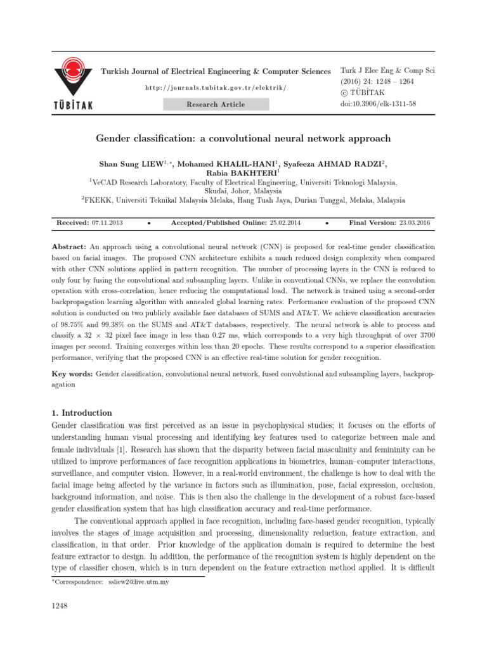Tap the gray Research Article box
[x=216, y=105]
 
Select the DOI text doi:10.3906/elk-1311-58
[x=378, y=103]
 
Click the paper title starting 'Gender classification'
[x=243, y=138]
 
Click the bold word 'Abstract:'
[x=68, y=245]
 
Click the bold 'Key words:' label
[x=71, y=375]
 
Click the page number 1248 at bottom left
[x=59, y=607]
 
